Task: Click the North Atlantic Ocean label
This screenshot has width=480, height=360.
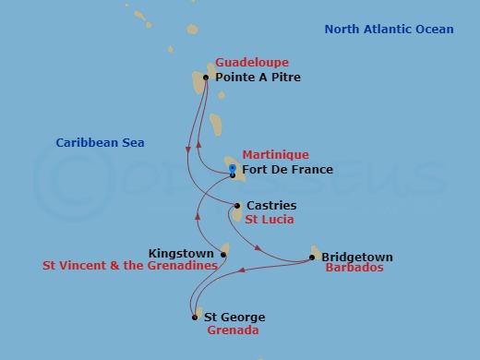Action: pyautogui.click(x=389, y=30)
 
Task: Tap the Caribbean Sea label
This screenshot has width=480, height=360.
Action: pyautogui.click(x=100, y=143)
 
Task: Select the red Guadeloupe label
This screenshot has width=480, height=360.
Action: pyautogui.click(x=251, y=63)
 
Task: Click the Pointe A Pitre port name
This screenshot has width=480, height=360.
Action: pyautogui.click(x=258, y=78)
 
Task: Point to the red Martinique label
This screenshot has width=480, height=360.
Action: pyautogui.click(x=275, y=155)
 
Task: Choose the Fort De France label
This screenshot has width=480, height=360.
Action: pyautogui.click(x=287, y=170)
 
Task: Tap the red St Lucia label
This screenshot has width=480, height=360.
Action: pyautogui.click(x=270, y=220)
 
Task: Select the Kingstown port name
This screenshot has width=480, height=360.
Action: pyautogui.click(x=182, y=252)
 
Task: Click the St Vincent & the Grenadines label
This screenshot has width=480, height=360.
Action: pyautogui.click(x=129, y=265)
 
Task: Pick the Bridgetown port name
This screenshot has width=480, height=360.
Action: pyautogui.click(x=357, y=258)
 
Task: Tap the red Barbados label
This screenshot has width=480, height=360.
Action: pyautogui.click(x=354, y=269)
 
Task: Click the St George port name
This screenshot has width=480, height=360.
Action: pyautogui.click(x=234, y=318)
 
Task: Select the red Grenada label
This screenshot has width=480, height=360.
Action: pyautogui.click(x=233, y=330)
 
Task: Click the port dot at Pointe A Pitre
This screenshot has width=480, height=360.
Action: pyautogui.click(x=205, y=78)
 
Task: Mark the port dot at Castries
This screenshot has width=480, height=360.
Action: pyautogui.click(x=237, y=206)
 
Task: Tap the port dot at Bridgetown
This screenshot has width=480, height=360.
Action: pyautogui.click(x=312, y=258)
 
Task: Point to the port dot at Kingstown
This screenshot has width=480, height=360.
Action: pyautogui.click(x=222, y=253)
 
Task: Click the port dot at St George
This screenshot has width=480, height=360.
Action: pyautogui.click(x=195, y=318)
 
